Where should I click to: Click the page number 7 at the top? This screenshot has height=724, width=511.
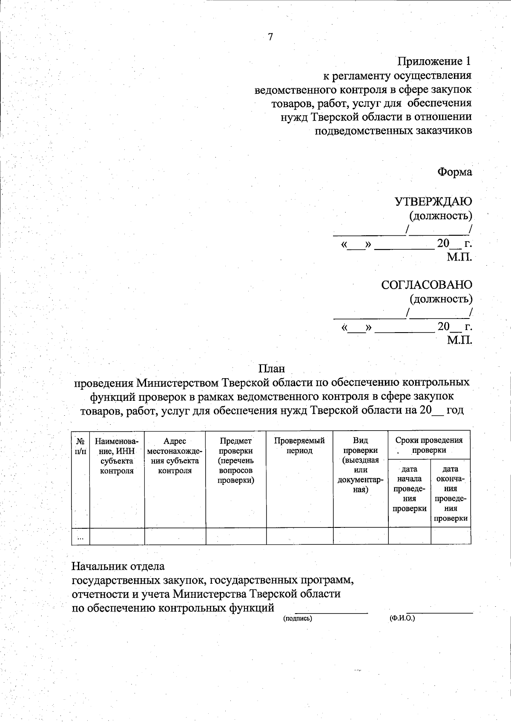point(270,37)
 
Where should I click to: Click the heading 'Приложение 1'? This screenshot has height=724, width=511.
point(434,62)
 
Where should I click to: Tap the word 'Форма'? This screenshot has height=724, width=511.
point(455,172)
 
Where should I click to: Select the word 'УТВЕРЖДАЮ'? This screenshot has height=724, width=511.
point(433,201)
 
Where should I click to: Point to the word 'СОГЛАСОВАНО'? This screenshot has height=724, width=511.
point(427,285)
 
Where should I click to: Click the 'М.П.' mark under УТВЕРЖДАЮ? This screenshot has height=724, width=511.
point(459,257)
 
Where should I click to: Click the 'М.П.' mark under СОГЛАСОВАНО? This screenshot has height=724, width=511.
point(459,340)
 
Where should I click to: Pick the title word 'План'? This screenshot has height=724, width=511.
point(272,368)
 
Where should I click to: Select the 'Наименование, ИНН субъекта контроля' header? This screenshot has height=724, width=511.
point(117,456)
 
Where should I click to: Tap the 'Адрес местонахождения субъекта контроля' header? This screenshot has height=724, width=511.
point(175,456)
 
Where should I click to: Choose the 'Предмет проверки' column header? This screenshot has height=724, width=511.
point(235,461)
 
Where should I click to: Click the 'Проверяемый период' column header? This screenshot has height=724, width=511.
point(299,446)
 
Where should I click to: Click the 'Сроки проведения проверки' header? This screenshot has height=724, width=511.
point(429,445)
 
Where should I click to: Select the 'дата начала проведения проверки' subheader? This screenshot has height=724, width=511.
point(409,489)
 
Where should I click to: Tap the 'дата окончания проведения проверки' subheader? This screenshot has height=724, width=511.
point(451,494)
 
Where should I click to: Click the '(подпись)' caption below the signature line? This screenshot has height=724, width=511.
point(298,618)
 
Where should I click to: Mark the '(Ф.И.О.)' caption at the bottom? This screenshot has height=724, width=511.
point(402,618)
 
